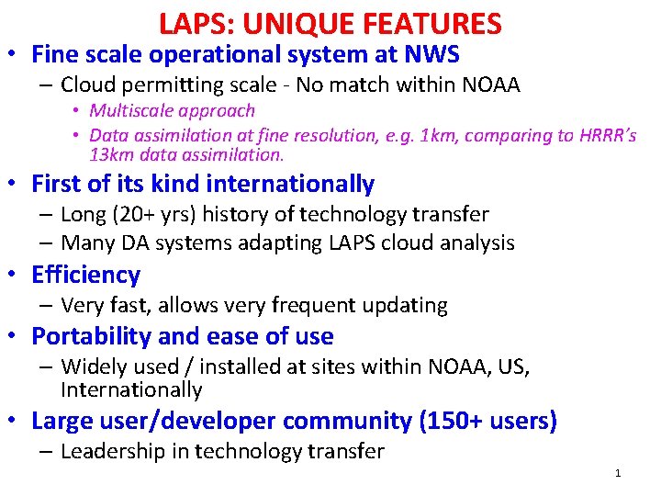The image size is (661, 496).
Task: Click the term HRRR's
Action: [608, 135]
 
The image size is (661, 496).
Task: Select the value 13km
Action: [112, 154]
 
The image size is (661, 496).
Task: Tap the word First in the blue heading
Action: [59, 184]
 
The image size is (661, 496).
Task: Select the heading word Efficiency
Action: [85, 275]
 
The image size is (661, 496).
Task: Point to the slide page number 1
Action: [618, 473]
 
